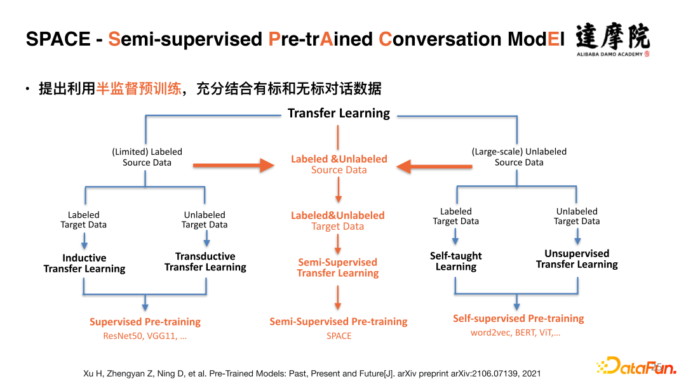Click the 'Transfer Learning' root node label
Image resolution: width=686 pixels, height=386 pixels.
click(x=339, y=113)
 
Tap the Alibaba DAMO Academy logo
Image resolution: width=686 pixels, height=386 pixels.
click(x=612, y=40)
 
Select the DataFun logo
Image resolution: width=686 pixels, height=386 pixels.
click(x=636, y=366)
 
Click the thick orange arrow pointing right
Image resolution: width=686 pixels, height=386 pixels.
click(x=234, y=165)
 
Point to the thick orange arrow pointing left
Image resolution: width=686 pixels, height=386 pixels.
click(x=434, y=166)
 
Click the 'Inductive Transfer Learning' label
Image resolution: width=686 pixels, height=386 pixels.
click(x=84, y=263)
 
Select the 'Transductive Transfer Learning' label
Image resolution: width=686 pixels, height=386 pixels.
click(x=205, y=262)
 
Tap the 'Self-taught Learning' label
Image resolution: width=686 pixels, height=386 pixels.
click(x=456, y=261)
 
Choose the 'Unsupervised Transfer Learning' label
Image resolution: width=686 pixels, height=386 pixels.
click(x=577, y=259)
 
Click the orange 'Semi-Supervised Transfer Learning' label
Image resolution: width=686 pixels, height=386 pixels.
click(x=338, y=267)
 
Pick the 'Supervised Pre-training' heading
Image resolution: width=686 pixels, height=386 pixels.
click(x=145, y=322)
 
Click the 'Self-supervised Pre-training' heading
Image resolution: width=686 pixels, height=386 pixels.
click(x=518, y=318)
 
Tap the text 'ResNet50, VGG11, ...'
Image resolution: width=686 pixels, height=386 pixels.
click(x=145, y=336)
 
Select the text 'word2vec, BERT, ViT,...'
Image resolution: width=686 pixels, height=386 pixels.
click(x=515, y=333)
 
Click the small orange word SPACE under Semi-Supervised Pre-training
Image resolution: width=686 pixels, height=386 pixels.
click(x=339, y=336)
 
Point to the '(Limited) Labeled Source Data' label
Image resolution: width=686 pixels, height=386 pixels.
click(x=147, y=157)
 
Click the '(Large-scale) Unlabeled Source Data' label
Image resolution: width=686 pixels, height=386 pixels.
click(x=519, y=157)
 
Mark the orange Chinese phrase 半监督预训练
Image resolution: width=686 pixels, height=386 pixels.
click(x=138, y=89)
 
